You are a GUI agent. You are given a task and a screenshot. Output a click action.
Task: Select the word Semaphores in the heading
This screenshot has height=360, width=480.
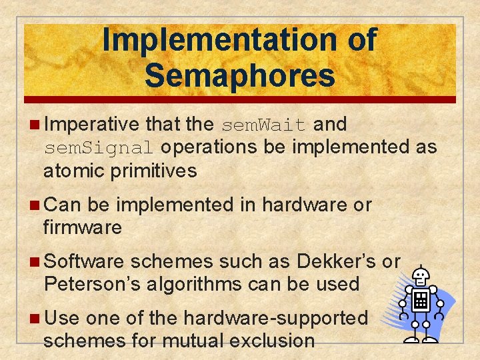[239, 75]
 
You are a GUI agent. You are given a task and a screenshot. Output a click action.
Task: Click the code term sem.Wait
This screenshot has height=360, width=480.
[263, 125]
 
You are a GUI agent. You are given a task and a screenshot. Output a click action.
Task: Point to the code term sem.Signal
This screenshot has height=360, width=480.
[99, 147]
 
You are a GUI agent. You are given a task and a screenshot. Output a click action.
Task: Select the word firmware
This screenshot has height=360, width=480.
[83, 227]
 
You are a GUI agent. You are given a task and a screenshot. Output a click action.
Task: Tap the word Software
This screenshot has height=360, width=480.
[85, 261]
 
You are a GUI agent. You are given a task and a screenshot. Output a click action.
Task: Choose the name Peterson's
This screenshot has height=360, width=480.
[94, 284]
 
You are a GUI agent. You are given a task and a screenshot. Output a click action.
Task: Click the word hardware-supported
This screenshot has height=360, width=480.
[275, 318]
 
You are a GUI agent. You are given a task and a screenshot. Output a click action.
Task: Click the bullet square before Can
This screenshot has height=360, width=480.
[35, 205]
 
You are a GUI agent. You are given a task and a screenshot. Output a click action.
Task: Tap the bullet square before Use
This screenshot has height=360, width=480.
[35, 319]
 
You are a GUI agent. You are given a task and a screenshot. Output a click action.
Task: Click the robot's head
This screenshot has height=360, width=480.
[421, 275]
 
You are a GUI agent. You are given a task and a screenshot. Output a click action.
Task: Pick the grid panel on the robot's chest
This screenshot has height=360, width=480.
[421, 301]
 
